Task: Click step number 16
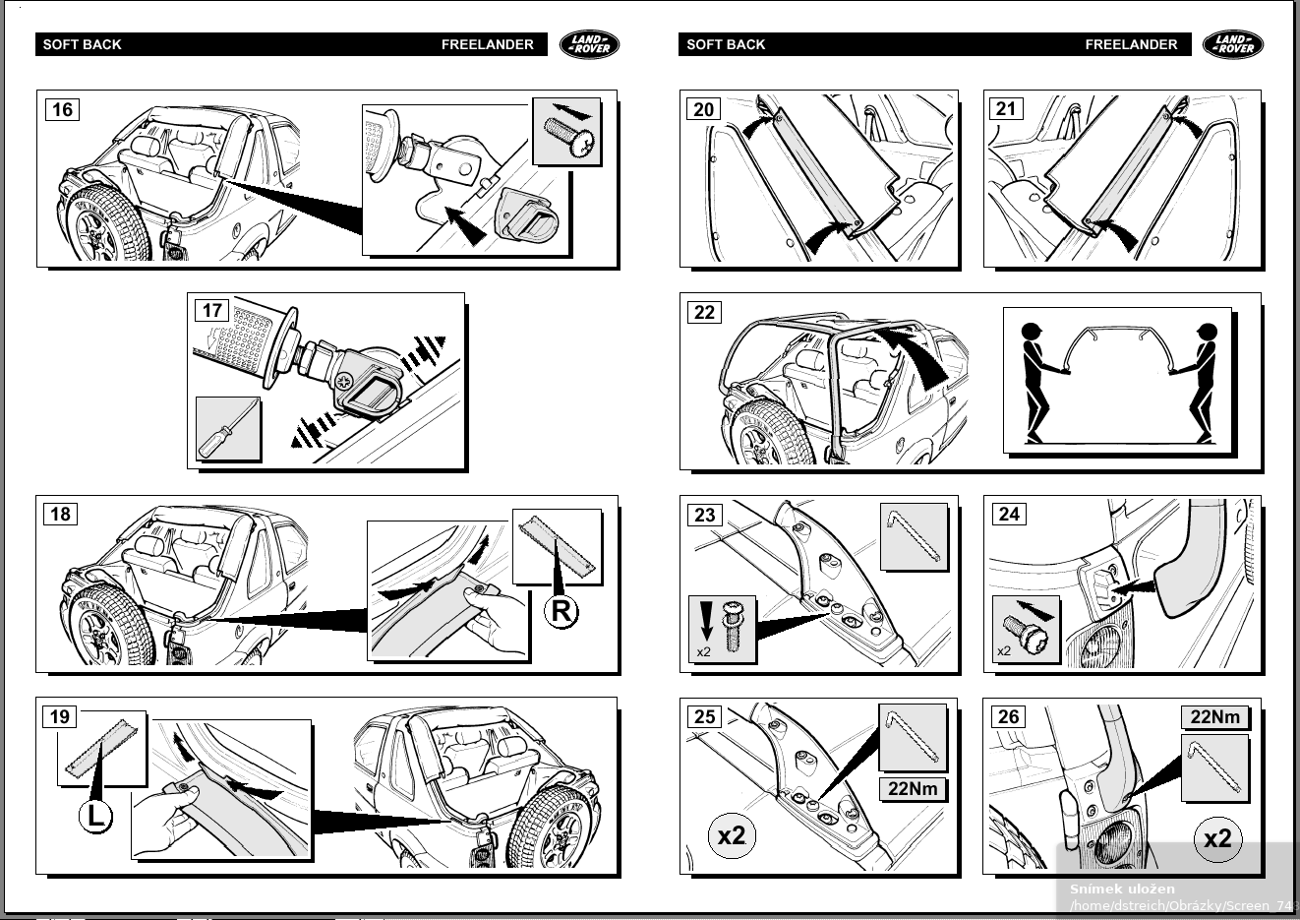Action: [62, 109]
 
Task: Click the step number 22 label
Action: [704, 312]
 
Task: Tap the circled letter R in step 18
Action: [561, 612]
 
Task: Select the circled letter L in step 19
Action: [95, 816]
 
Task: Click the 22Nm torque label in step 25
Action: [913, 788]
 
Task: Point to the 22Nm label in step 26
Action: [1215, 716]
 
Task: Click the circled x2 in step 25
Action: [732, 836]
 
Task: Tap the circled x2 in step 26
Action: [1217, 838]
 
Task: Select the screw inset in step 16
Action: [566, 132]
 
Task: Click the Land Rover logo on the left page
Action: [590, 44]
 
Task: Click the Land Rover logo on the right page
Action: [1233, 44]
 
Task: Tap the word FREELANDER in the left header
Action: [487, 44]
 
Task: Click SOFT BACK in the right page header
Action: [726, 44]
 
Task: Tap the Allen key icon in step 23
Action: [914, 536]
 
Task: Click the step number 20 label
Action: [704, 109]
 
